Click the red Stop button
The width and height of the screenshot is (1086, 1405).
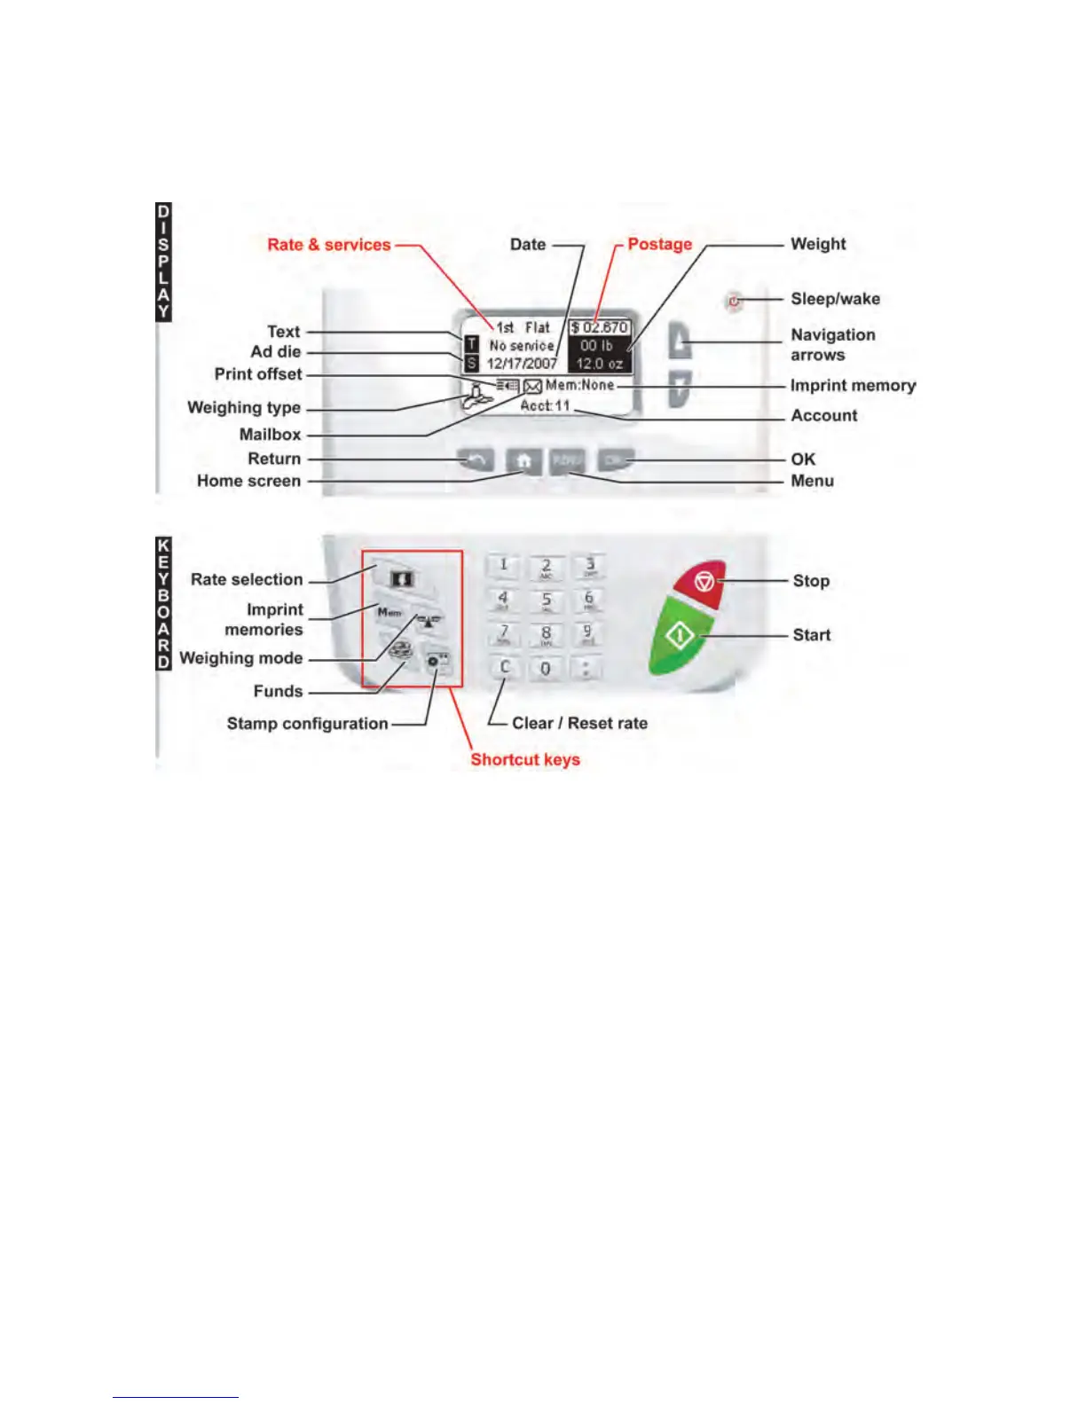pyautogui.click(x=702, y=583)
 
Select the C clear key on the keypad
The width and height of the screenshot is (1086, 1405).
pyautogui.click(x=505, y=668)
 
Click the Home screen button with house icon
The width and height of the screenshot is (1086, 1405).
pyautogui.click(x=524, y=461)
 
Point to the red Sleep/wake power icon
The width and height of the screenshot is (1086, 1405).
pyautogui.click(x=734, y=302)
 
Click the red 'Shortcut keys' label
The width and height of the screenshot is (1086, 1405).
pyautogui.click(x=524, y=760)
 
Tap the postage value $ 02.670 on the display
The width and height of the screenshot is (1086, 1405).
pyautogui.click(x=600, y=328)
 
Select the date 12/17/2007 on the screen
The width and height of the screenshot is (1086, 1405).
pyautogui.click(x=522, y=364)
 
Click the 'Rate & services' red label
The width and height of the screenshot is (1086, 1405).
pyautogui.click(x=328, y=245)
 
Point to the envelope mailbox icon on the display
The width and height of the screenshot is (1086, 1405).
pyautogui.click(x=532, y=386)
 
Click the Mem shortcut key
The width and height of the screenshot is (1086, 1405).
pyautogui.click(x=390, y=613)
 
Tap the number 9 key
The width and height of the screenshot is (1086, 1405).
pyautogui.click(x=587, y=634)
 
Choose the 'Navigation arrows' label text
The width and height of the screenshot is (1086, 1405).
pyautogui.click(x=832, y=345)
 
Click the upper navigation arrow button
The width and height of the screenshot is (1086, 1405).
pyautogui.click(x=680, y=341)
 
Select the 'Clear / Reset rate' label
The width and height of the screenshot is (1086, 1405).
pyautogui.click(x=579, y=724)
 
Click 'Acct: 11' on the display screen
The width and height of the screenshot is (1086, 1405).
pyautogui.click(x=545, y=405)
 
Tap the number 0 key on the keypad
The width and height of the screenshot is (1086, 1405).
pyautogui.click(x=546, y=669)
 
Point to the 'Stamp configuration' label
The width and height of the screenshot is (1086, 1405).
pyautogui.click(x=307, y=724)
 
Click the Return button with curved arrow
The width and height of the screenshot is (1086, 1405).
pyautogui.click(x=476, y=460)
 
